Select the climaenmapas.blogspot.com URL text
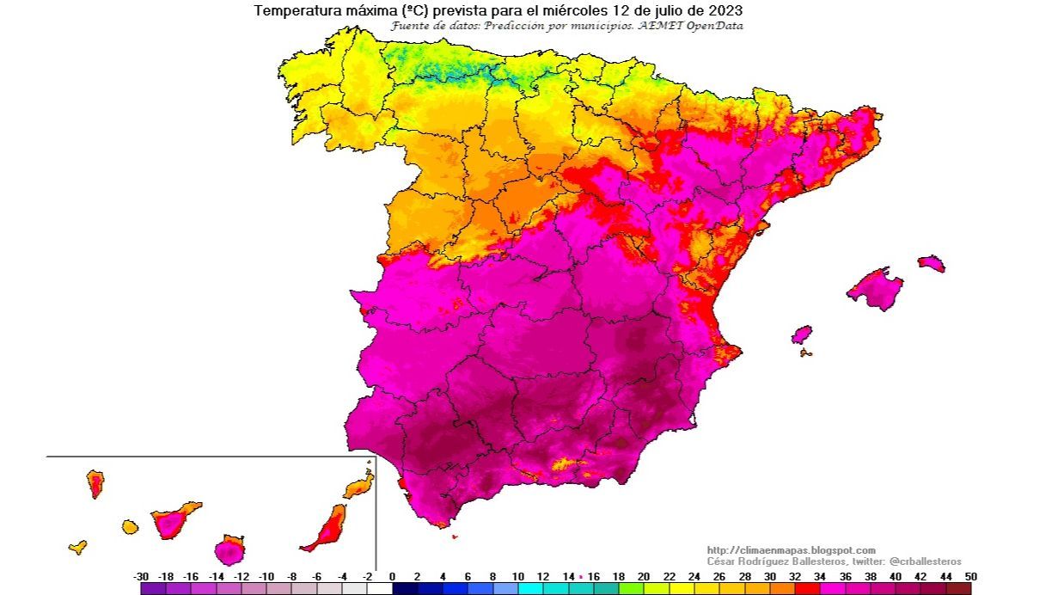(791, 550)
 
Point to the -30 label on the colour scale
(142, 576)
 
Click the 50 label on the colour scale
(970, 576)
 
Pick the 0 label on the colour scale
(392, 576)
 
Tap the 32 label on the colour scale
(795, 576)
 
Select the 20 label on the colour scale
(644, 576)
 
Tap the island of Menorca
(931, 262)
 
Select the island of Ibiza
(801, 334)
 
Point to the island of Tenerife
(174, 519)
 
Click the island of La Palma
(95, 483)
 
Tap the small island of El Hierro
(77, 547)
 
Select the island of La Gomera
(130, 526)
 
